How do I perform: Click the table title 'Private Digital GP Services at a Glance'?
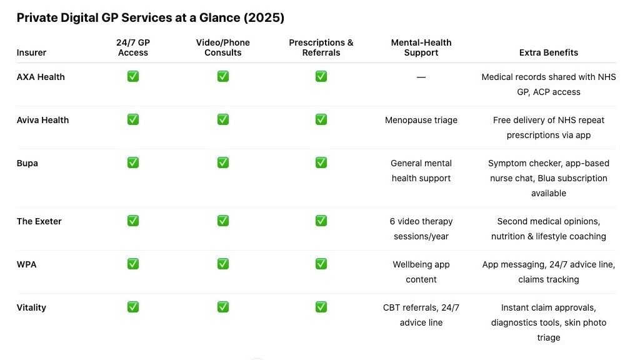click(x=150, y=17)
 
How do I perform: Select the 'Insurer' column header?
click(x=31, y=52)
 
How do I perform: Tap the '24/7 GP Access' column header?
click(x=132, y=47)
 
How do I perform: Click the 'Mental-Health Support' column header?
click(x=421, y=47)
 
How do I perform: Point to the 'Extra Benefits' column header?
click(x=548, y=52)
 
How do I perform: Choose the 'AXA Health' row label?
click(x=41, y=77)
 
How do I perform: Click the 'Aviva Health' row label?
click(x=42, y=120)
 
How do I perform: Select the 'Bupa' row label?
click(x=27, y=163)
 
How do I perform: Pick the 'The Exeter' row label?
click(x=39, y=221)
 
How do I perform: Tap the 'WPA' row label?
click(x=26, y=264)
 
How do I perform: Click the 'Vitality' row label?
click(x=31, y=307)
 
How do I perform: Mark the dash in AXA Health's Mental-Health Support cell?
click(x=421, y=77)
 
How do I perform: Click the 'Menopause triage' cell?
click(x=421, y=120)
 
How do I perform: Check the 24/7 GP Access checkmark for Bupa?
click(x=132, y=162)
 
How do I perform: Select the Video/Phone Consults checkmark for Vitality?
click(x=222, y=307)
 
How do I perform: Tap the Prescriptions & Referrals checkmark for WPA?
click(x=321, y=264)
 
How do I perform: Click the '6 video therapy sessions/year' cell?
click(x=421, y=229)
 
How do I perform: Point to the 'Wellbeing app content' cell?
click(x=421, y=272)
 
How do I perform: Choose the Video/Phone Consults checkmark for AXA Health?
click(x=222, y=76)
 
